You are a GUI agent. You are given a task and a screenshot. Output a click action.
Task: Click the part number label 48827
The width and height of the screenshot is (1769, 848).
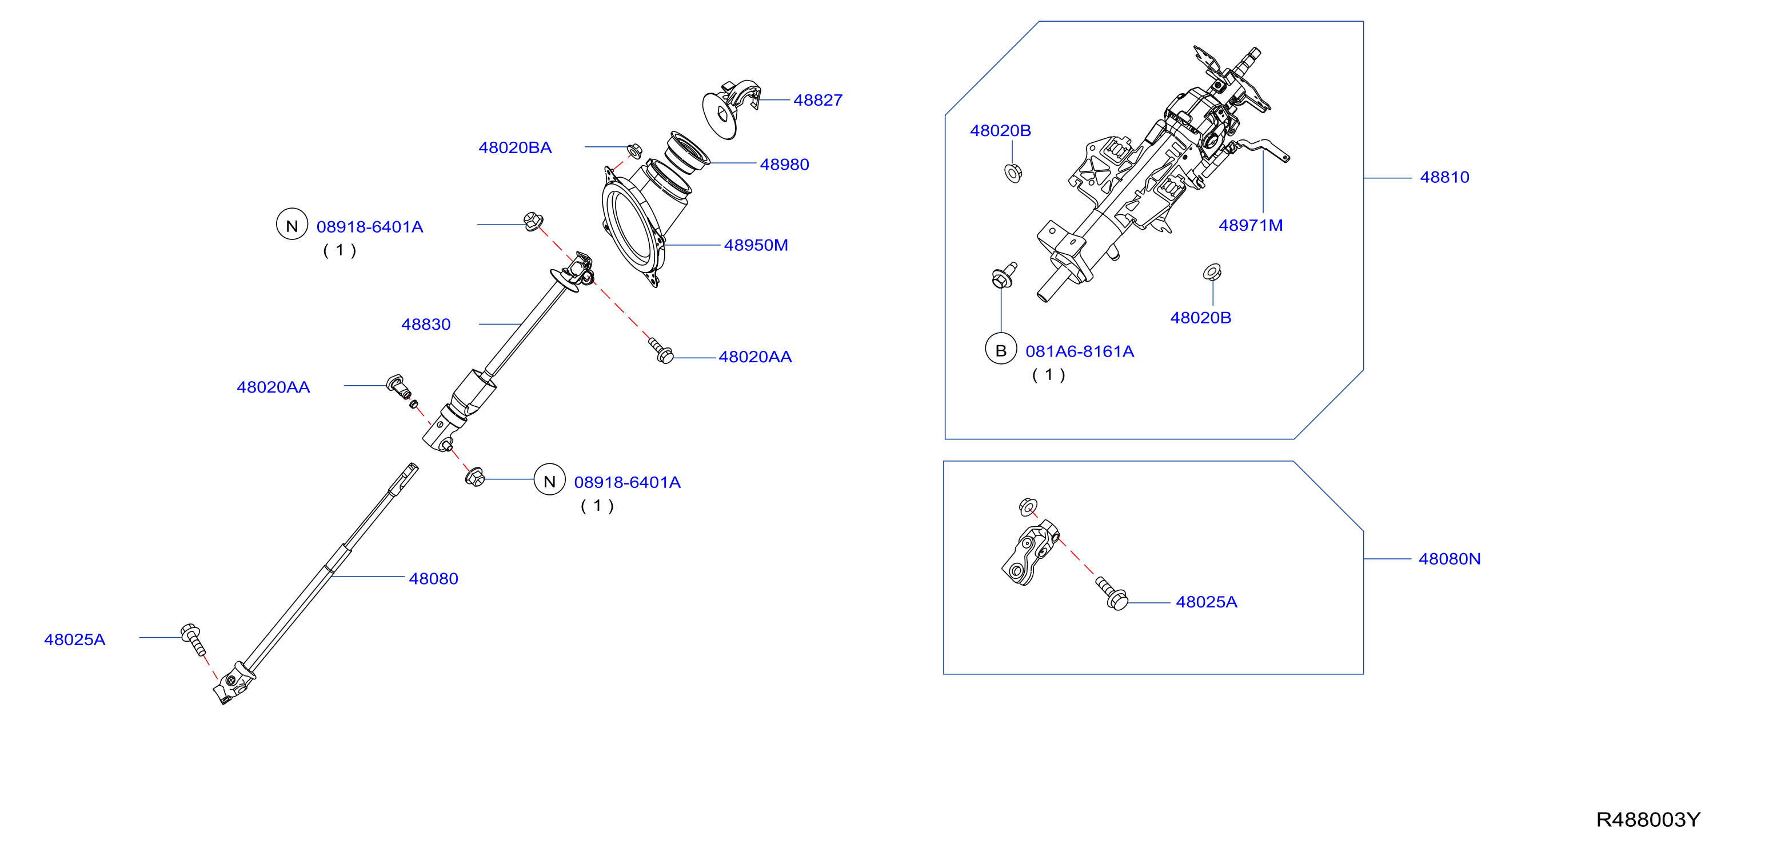817,100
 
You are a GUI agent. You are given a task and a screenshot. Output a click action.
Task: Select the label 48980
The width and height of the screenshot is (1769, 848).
784,165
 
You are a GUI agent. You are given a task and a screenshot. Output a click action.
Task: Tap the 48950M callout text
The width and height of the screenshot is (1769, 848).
756,245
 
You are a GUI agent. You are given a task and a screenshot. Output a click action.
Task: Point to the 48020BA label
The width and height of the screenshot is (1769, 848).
515,147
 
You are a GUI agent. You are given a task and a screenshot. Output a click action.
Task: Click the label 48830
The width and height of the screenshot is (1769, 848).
426,325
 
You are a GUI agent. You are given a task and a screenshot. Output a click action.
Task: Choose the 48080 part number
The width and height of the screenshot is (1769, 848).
433,579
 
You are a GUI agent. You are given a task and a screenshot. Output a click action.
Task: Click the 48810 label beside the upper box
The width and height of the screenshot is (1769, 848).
1444,177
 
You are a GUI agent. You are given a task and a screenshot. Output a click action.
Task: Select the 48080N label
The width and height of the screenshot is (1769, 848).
1449,559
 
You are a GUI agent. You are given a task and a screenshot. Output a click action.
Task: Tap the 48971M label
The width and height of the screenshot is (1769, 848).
1250,225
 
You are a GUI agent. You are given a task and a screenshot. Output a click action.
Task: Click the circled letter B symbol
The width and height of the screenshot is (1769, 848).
1001,350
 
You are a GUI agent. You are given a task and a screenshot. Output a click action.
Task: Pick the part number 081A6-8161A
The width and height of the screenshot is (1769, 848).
1080,351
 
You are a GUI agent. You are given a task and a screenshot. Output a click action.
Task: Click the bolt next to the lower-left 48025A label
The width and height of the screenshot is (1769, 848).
193,639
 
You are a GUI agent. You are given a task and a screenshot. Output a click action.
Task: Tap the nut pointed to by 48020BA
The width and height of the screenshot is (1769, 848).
634,150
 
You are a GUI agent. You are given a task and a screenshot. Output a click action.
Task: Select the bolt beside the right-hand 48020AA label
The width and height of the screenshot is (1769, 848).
661,350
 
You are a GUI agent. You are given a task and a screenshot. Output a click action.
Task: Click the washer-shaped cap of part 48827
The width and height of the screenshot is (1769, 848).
719,115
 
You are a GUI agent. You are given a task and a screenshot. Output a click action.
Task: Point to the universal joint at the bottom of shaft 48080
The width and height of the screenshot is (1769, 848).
233,683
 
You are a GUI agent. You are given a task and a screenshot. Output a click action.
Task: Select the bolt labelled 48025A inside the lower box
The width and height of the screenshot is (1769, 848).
1111,593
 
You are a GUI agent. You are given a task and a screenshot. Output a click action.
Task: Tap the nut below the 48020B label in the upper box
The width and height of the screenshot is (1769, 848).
1013,173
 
